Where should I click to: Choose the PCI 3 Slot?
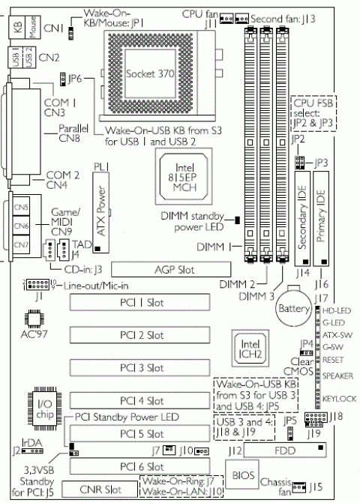tap(144, 367)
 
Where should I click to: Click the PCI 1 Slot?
tap(144, 302)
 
